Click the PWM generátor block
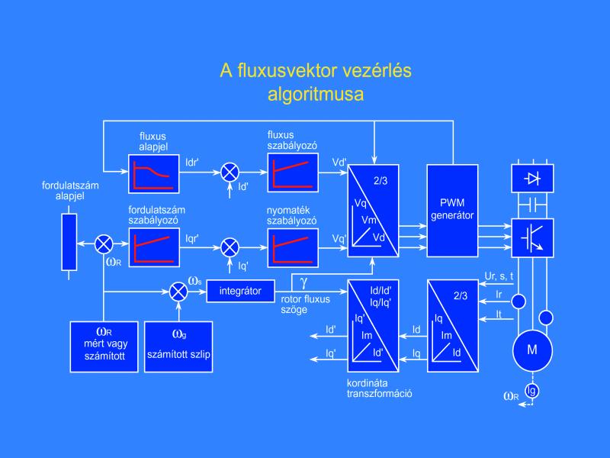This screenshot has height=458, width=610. click(x=452, y=210)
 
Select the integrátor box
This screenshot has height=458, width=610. click(x=240, y=291)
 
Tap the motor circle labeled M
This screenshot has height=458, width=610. click(x=532, y=351)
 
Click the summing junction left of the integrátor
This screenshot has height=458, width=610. click(x=178, y=291)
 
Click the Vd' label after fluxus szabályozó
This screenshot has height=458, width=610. click(x=339, y=163)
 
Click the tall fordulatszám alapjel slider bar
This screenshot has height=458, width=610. click(x=69, y=243)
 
